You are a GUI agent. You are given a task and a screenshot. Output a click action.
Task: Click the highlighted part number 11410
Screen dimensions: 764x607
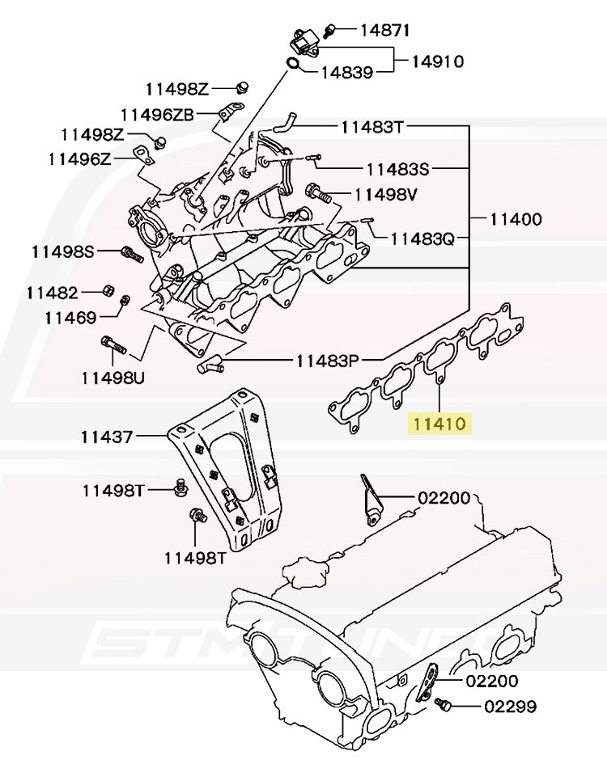pyautogui.click(x=440, y=423)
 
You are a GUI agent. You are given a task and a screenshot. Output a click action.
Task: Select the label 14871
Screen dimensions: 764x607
pyautogui.click(x=384, y=32)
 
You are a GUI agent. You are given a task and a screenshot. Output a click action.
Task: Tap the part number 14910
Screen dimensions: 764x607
pyautogui.click(x=437, y=61)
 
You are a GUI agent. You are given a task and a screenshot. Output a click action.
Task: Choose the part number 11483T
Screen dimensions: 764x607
pyautogui.click(x=371, y=127)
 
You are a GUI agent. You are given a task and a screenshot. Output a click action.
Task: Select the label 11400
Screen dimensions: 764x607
pyautogui.click(x=514, y=219)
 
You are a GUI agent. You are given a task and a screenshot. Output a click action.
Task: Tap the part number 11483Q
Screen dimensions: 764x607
pyautogui.click(x=422, y=239)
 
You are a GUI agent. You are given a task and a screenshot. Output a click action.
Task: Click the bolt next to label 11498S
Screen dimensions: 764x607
pyautogui.click(x=131, y=254)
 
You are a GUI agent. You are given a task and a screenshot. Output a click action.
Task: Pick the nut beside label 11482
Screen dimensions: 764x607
pyautogui.click(x=108, y=291)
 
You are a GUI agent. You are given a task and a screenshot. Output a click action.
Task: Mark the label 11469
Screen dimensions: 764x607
pyautogui.click(x=70, y=317)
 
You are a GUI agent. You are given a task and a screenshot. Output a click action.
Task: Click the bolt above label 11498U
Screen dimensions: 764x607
pyautogui.click(x=113, y=345)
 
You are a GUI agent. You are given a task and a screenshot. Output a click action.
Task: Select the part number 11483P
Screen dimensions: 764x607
pyautogui.click(x=326, y=361)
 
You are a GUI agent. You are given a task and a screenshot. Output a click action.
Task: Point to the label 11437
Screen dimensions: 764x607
pyautogui.click(x=107, y=437)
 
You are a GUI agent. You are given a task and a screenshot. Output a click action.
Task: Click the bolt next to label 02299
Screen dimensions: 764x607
pyautogui.click(x=442, y=705)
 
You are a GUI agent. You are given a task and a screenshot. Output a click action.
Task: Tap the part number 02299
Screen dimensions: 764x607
pyautogui.click(x=510, y=707)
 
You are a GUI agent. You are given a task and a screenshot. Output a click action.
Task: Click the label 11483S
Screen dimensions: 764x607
pyautogui.click(x=397, y=170)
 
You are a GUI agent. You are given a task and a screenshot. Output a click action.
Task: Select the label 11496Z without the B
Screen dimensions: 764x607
pyautogui.click(x=79, y=159)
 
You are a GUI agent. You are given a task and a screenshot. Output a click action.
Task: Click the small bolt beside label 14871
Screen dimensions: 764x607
pyautogui.click(x=329, y=32)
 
